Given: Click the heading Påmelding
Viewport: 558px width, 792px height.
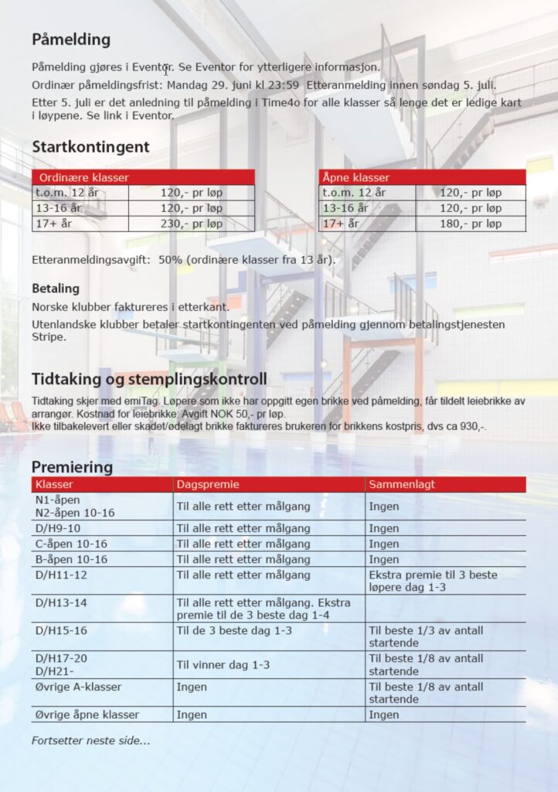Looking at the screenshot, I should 71,39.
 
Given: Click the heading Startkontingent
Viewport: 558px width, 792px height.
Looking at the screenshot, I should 90,147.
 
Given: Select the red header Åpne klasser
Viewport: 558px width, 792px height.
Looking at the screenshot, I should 356,177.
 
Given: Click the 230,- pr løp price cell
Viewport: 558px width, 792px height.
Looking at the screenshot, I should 191,224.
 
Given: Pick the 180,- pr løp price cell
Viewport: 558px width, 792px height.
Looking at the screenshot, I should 470,224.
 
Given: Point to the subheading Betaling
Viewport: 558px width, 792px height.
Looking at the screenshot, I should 56,288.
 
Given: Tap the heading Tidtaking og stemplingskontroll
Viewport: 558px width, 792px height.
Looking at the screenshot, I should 149,380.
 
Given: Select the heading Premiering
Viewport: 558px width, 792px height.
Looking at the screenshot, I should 72,467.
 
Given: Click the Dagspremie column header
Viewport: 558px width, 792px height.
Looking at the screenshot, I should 208,485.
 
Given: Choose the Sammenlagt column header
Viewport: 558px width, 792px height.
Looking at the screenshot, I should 402,485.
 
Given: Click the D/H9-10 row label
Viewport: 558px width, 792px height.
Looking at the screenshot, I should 58,528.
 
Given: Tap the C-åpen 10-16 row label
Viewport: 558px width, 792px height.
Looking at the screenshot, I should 72,544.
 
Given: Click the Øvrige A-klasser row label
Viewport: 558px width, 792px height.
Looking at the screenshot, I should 78,687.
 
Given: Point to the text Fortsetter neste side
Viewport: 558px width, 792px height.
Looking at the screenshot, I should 90,740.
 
